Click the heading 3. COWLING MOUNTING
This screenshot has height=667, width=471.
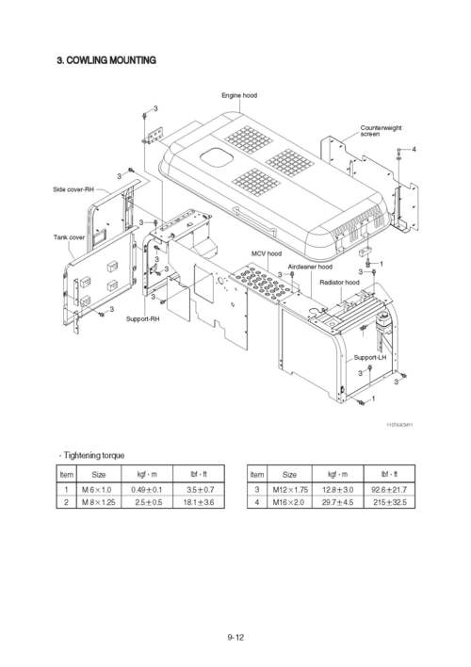click(106, 60)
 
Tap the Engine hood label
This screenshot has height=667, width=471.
click(239, 95)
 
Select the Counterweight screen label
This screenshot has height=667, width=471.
click(381, 131)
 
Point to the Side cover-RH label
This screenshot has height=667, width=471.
click(73, 189)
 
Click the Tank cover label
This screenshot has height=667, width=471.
click(69, 236)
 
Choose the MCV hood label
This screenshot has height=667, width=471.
click(267, 253)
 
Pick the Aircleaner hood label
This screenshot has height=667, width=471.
click(310, 267)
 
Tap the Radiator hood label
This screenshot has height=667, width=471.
click(339, 282)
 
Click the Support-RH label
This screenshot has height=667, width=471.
click(143, 319)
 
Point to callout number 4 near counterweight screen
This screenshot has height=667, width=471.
click(414, 150)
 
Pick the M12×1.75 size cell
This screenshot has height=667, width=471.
click(290, 490)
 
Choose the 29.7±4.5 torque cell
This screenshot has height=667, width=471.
click(337, 503)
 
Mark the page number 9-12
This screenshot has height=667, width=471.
click(235, 637)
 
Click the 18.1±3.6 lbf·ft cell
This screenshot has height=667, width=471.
click(199, 503)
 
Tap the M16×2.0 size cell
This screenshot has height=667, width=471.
click(290, 503)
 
